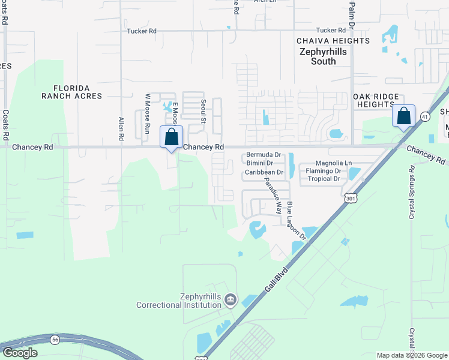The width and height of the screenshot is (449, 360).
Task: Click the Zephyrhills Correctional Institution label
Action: (x=179, y=301)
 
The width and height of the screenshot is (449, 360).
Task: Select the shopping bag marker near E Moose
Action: (x=171, y=137)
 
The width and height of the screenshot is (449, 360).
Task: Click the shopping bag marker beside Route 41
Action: (x=404, y=115)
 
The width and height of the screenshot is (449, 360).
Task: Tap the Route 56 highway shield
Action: (x=55, y=339)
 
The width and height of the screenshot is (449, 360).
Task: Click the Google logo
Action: (x=20, y=353)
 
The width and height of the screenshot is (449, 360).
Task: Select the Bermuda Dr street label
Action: (x=264, y=155)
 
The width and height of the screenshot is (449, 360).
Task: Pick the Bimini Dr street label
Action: (x=260, y=163)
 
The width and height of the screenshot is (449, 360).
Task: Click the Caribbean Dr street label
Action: (x=264, y=172)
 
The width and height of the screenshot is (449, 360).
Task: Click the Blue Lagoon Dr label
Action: (x=296, y=221)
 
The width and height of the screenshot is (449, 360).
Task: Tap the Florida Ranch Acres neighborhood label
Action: (x=72, y=92)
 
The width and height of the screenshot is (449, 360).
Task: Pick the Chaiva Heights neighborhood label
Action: (x=333, y=41)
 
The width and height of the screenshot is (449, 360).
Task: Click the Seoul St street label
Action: (x=203, y=112)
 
